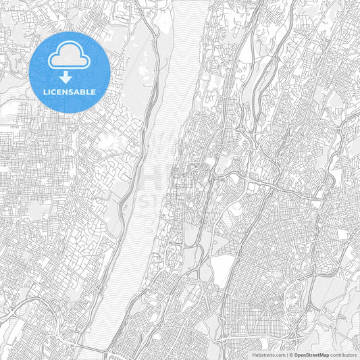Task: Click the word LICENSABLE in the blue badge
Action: [x=70, y=91]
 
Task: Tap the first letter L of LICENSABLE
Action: [x=45, y=91]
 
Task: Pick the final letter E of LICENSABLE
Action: [x=93, y=91]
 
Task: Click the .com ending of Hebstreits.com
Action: [x=280, y=354]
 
